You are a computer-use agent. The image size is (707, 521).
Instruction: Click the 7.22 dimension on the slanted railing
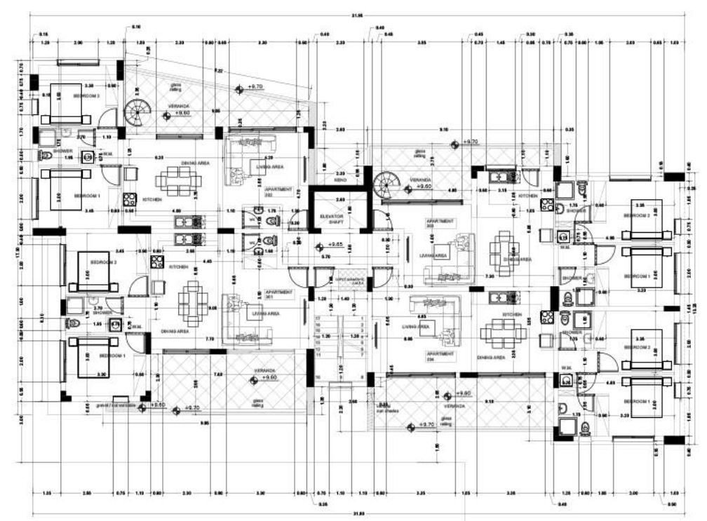(220, 71)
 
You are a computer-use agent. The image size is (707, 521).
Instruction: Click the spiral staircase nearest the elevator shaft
(385, 187)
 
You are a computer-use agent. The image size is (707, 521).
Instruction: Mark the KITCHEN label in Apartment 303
(527, 196)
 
